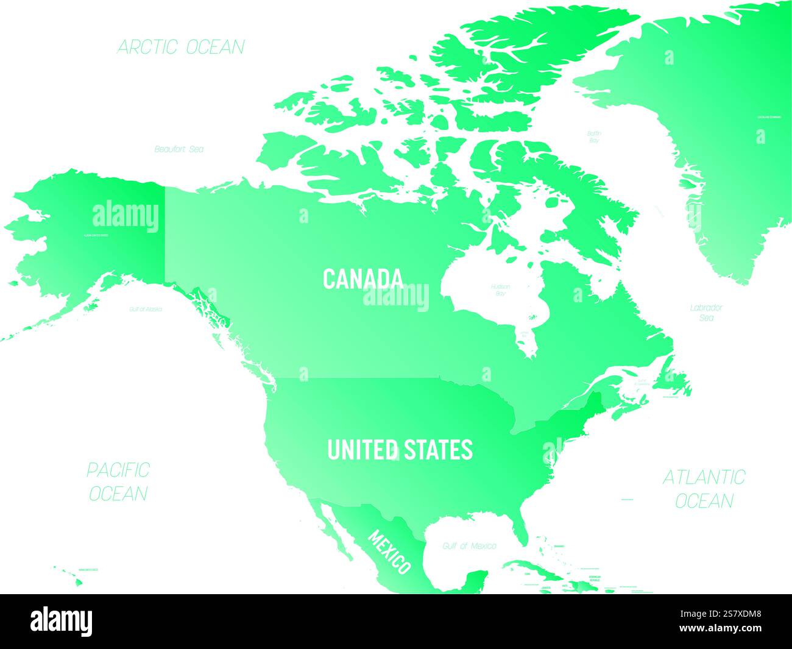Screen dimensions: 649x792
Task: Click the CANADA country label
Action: pyautogui.click(x=362, y=278)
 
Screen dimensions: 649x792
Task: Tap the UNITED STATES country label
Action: pyautogui.click(x=400, y=450)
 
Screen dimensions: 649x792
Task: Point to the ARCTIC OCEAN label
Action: pyautogui.click(x=180, y=47)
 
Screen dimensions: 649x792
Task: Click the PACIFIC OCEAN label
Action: pyautogui.click(x=118, y=481)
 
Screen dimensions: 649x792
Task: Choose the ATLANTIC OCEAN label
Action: pyautogui.click(x=704, y=488)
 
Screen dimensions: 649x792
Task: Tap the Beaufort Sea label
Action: pyautogui.click(x=179, y=149)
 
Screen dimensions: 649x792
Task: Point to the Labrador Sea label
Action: pyautogui.click(x=706, y=313)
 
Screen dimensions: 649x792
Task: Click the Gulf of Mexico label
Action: pyautogui.click(x=470, y=546)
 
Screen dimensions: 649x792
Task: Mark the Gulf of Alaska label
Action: pyautogui.click(x=146, y=310)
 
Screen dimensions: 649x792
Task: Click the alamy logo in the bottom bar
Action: pyautogui.click(x=62, y=621)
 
